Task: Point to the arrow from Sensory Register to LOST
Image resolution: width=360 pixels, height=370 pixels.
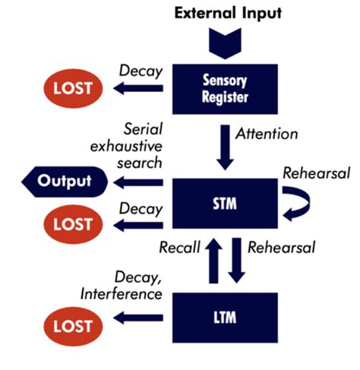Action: [140, 87]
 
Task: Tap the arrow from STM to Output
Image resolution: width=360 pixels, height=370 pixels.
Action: [140, 182]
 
